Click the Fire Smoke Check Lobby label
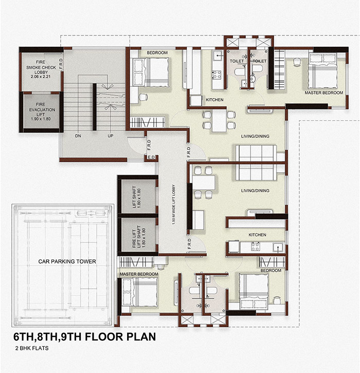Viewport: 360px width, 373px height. [x=41, y=69]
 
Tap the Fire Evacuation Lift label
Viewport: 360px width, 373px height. [x=42, y=111]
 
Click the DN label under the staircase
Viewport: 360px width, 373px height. [x=78, y=136]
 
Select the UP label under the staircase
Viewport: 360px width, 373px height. [x=110, y=136]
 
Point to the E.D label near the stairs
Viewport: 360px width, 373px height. [x=151, y=157]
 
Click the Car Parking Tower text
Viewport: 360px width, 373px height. [x=67, y=262]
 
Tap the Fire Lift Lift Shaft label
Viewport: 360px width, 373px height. [x=139, y=237]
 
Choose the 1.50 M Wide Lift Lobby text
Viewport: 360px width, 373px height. [x=174, y=204]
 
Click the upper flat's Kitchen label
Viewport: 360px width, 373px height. [x=214, y=100]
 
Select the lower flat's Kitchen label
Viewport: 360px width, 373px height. [x=257, y=235]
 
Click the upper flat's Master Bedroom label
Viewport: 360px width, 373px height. [x=324, y=92]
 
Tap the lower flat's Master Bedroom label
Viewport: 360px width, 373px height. [x=139, y=274]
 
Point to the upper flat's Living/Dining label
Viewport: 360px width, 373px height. [x=255, y=136]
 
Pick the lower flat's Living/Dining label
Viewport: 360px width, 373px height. [x=255, y=191]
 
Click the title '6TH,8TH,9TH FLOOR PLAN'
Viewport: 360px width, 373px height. [x=85, y=337]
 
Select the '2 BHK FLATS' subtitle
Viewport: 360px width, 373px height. [x=32, y=348]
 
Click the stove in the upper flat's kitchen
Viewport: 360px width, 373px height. [x=217, y=74]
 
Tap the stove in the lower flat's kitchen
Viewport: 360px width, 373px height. [x=255, y=247]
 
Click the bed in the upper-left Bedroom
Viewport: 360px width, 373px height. [x=151, y=72]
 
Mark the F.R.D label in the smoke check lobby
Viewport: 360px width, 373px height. [x=61, y=64]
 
